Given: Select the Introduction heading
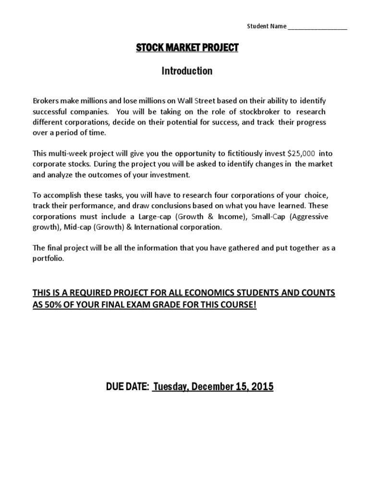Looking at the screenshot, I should point(187,71).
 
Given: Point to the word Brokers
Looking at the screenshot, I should point(45,101).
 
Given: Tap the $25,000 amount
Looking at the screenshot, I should point(301,153).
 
